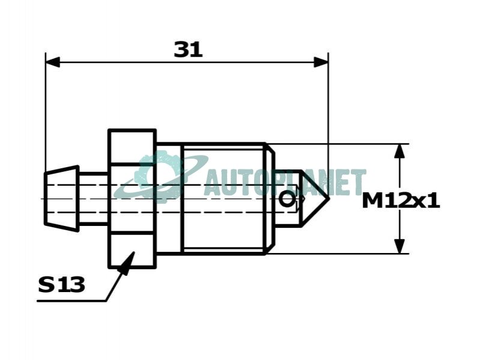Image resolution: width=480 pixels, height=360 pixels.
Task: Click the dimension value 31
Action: (x=188, y=50)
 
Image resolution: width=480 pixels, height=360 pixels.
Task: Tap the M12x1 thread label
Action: (x=401, y=201)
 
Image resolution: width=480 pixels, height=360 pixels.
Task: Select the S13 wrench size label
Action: (x=61, y=284)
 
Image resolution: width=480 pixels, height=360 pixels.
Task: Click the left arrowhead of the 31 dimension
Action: (x=53, y=62)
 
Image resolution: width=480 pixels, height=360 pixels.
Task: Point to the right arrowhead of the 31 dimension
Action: (x=321, y=62)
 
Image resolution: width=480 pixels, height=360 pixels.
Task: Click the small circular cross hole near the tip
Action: (x=286, y=200)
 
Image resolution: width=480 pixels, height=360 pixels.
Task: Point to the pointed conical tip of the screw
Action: (x=328, y=198)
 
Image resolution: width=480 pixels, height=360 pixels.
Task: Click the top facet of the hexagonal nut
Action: (x=132, y=148)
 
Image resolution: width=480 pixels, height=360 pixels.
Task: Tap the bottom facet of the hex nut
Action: (x=132, y=251)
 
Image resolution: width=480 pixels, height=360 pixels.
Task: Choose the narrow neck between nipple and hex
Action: (x=94, y=198)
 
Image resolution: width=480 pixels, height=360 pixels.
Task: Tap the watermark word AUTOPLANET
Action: (x=285, y=182)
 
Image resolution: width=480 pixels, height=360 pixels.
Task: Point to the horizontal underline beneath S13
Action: (x=71, y=301)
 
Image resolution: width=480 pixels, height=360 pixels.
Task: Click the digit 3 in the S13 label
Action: (x=77, y=284)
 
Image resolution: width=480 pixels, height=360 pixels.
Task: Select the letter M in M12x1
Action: (x=372, y=201)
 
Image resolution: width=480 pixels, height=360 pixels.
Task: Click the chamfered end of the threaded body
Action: (x=270, y=198)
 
